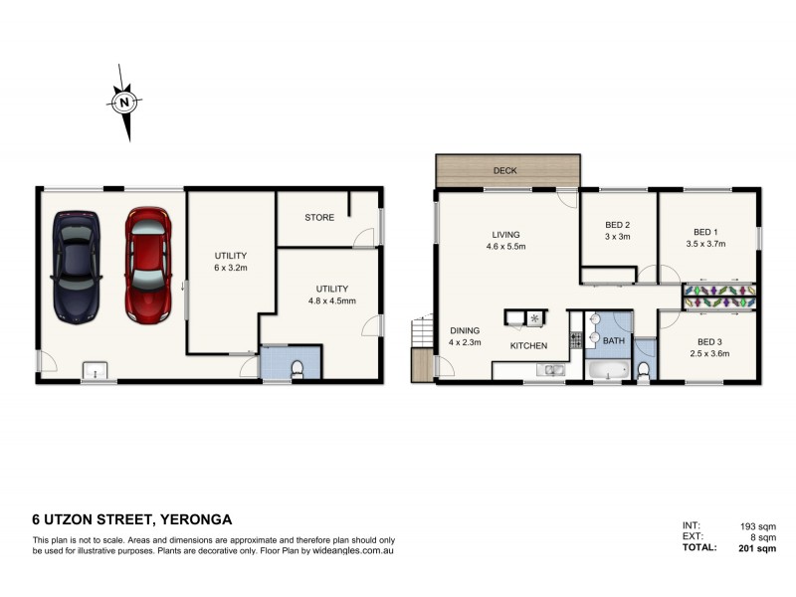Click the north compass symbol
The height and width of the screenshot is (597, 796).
tap(122, 101)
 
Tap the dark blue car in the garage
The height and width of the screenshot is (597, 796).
tap(78, 267)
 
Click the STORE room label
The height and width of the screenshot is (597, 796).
tap(318, 216)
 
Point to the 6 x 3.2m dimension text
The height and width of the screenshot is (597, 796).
tap(230, 269)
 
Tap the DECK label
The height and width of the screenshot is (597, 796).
tap(505, 171)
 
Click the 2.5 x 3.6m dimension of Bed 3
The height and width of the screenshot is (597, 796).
tap(708, 352)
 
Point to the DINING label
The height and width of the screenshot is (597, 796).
tap(465, 331)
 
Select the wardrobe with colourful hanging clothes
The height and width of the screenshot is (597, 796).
tap(719, 296)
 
